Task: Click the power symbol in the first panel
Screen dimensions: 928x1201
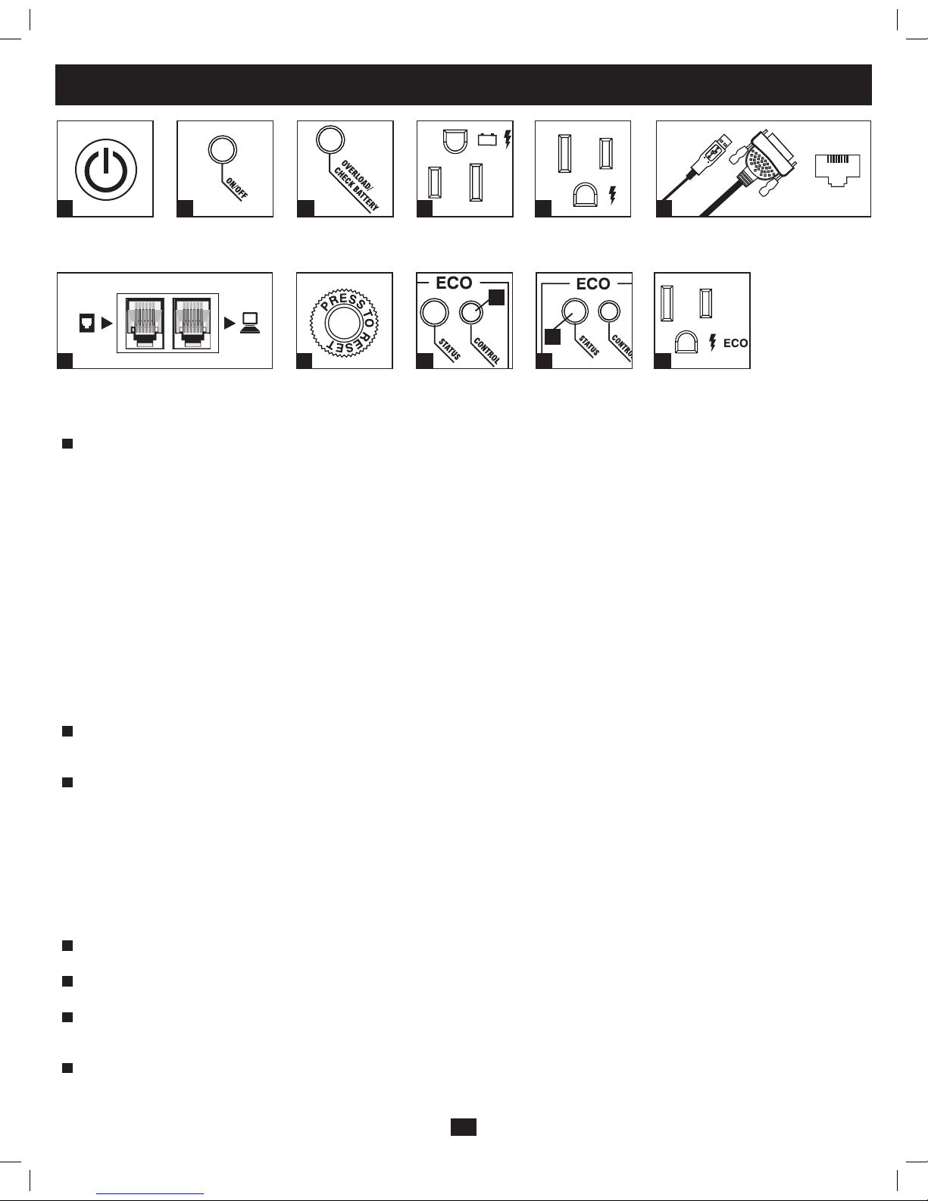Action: (105, 170)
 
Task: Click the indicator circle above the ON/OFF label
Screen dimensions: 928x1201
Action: (223, 150)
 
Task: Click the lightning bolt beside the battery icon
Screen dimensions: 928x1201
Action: (508, 139)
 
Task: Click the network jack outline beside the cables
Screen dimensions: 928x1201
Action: (837, 170)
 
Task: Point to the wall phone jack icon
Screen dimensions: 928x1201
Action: (87, 323)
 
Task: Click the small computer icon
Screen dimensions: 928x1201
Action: (250, 324)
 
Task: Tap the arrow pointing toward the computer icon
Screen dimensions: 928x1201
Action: (230, 323)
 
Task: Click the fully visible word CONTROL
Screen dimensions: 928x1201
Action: (486, 350)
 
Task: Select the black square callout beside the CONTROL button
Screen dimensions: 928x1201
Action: (497, 297)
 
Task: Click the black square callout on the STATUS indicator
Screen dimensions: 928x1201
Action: (552, 336)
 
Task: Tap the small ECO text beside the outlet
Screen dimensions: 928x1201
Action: (736, 343)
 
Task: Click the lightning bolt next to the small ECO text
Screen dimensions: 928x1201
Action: (713, 342)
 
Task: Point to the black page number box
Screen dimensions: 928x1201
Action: (464, 1127)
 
